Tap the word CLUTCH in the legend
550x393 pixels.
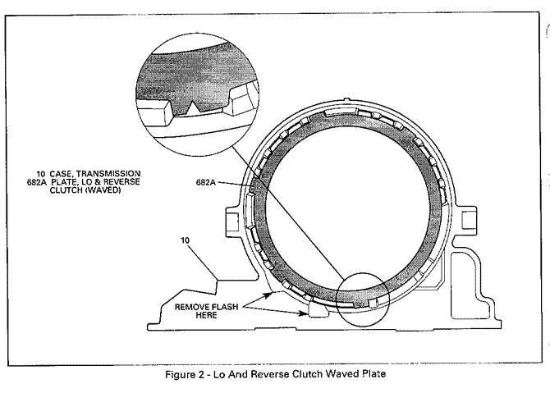click(71, 192)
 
